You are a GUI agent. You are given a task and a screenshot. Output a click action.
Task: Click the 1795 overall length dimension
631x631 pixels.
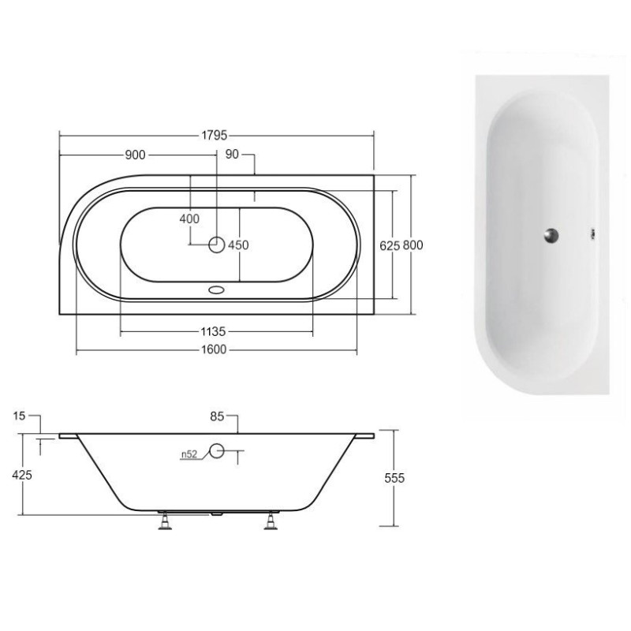point(214,135)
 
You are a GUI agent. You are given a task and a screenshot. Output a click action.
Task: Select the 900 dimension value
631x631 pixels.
point(135,155)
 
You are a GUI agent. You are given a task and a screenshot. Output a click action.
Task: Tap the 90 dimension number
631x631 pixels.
point(232,154)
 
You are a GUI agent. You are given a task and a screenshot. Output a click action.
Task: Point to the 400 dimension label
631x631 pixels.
point(189,219)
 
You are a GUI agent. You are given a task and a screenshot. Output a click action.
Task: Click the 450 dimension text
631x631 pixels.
point(239,245)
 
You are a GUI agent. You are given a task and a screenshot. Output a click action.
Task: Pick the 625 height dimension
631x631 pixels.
point(390,245)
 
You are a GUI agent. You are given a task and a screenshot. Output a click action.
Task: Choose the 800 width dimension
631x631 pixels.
point(413,245)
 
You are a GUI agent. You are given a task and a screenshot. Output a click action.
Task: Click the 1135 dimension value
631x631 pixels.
point(213,331)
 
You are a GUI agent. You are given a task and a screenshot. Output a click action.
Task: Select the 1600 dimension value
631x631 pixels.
point(214,349)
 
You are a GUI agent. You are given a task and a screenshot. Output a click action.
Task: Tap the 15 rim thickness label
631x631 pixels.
point(19,416)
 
